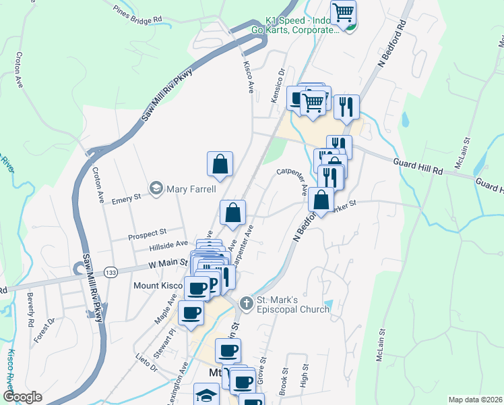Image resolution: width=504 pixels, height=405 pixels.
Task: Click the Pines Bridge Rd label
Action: [139, 14]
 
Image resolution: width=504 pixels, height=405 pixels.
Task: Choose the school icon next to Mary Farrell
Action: [156, 188]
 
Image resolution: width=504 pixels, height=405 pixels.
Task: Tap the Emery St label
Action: [126, 198]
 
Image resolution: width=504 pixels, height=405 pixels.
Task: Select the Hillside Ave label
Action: [170, 244]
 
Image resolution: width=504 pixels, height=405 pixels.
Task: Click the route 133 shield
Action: [111, 271]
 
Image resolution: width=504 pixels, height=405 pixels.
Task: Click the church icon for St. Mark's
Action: [247, 303]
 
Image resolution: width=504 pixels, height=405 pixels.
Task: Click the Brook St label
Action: [285, 381]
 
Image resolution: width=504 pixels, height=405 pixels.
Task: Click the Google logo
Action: [22, 397]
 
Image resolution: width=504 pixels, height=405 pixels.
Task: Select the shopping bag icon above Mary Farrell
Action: [220, 164]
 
